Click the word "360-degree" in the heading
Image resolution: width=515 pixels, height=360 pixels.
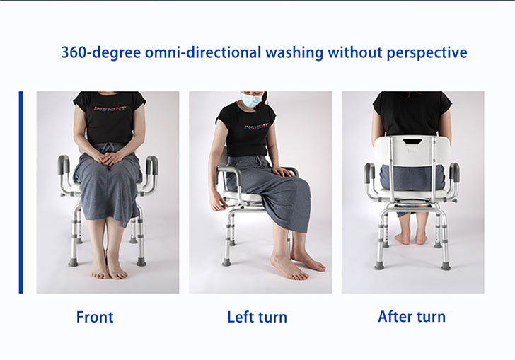pyautogui.click(x=101, y=52)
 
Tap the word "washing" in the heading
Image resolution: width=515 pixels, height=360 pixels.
pyautogui.click(x=294, y=53)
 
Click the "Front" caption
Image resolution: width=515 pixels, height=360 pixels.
pyautogui.click(x=95, y=317)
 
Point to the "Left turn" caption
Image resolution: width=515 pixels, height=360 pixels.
pyautogui.click(x=257, y=318)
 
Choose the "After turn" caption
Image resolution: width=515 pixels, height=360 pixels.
pyautogui.click(x=412, y=317)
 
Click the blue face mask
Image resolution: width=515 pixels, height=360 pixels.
pyautogui.click(x=250, y=99)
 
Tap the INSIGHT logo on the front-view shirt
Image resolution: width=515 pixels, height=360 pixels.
pyautogui.click(x=110, y=108)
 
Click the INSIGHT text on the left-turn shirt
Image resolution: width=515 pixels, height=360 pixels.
pyautogui.click(x=256, y=127)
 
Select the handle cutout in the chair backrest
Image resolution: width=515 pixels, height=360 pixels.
pyautogui.click(x=412, y=141)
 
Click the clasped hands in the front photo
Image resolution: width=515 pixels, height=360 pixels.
pyautogui.click(x=108, y=159)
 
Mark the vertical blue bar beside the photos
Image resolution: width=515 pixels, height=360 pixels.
pyautogui.click(x=21, y=192)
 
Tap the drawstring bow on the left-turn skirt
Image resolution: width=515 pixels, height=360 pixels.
pyautogui.click(x=261, y=162)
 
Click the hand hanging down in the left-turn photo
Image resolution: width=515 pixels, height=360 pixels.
pyautogui.click(x=217, y=202)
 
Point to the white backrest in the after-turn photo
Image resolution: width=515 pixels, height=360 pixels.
pyautogui.click(x=412, y=151)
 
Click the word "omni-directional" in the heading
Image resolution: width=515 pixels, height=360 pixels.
pyautogui.click(x=203, y=52)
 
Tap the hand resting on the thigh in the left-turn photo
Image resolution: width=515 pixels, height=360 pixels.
pyautogui.click(x=284, y=171)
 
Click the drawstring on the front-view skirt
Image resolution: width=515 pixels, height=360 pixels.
pyautogui.click(x=108, y=148)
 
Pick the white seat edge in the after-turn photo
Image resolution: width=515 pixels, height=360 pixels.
pyautogui.click(x=413, y=194)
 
